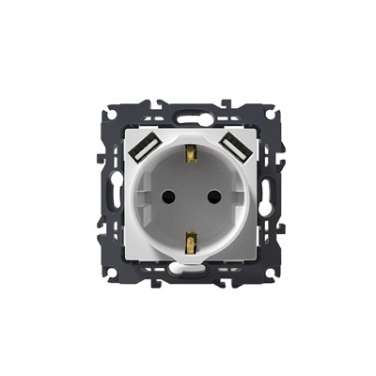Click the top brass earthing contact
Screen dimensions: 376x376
(x=191, y=150)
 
